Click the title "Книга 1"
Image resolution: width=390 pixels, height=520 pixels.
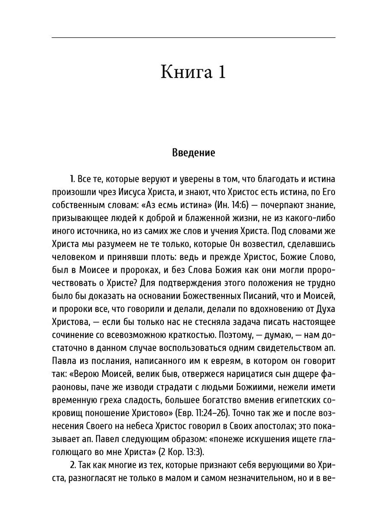click(193, 72)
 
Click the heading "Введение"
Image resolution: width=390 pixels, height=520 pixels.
click(193, 153)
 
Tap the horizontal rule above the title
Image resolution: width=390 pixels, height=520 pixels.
click(193, 38)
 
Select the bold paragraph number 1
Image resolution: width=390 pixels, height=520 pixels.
click(72, 179)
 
